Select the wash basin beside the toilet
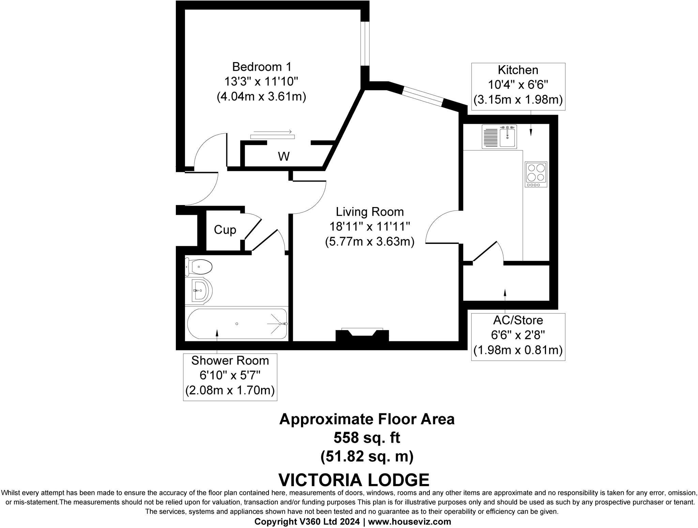201,291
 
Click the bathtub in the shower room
237,323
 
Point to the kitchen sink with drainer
499,136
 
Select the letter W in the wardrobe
284,157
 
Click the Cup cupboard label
225,230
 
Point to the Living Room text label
370,212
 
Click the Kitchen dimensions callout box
518,86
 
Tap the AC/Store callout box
518,336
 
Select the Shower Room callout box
230,377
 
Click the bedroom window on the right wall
365,44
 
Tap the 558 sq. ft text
367,438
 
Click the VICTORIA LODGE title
354,480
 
